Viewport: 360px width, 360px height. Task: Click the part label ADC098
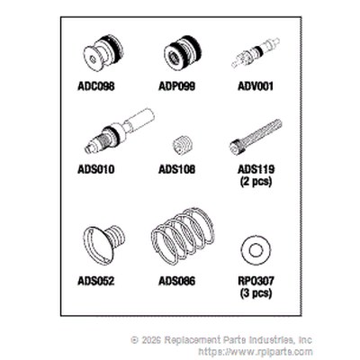pos(96,86)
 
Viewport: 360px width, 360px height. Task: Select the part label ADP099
pos(176,86)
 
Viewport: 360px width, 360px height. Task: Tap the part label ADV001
pos(256,86)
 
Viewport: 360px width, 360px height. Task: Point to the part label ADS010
pos(96,169)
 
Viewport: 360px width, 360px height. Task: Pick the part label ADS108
pos(176,169)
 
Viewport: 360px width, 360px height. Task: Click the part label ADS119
pos(256,169)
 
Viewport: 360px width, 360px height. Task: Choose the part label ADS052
pos(96,281)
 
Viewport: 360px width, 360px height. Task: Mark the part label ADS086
pos(176,281)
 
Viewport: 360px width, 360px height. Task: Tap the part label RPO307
pos(256,281)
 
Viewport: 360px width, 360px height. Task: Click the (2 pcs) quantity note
pos(256,182)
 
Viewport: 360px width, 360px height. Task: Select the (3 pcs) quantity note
pos(256,292)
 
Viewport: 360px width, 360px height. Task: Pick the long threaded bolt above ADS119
pos(256,138)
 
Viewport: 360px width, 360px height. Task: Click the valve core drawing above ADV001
pos(256,53)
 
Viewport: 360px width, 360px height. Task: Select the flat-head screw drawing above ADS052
pos(103,244)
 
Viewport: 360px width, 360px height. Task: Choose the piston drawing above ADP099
pos(183,53)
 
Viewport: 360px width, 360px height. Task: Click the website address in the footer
pos(256,351)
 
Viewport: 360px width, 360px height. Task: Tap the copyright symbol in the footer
pos(135,340)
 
